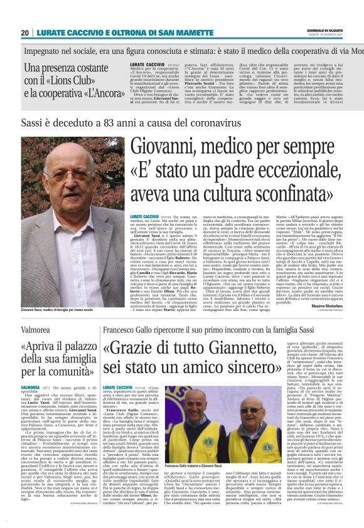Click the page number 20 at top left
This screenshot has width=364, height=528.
tap(24, 33)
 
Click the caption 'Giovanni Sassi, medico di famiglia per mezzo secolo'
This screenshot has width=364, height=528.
tap(62, 310)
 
